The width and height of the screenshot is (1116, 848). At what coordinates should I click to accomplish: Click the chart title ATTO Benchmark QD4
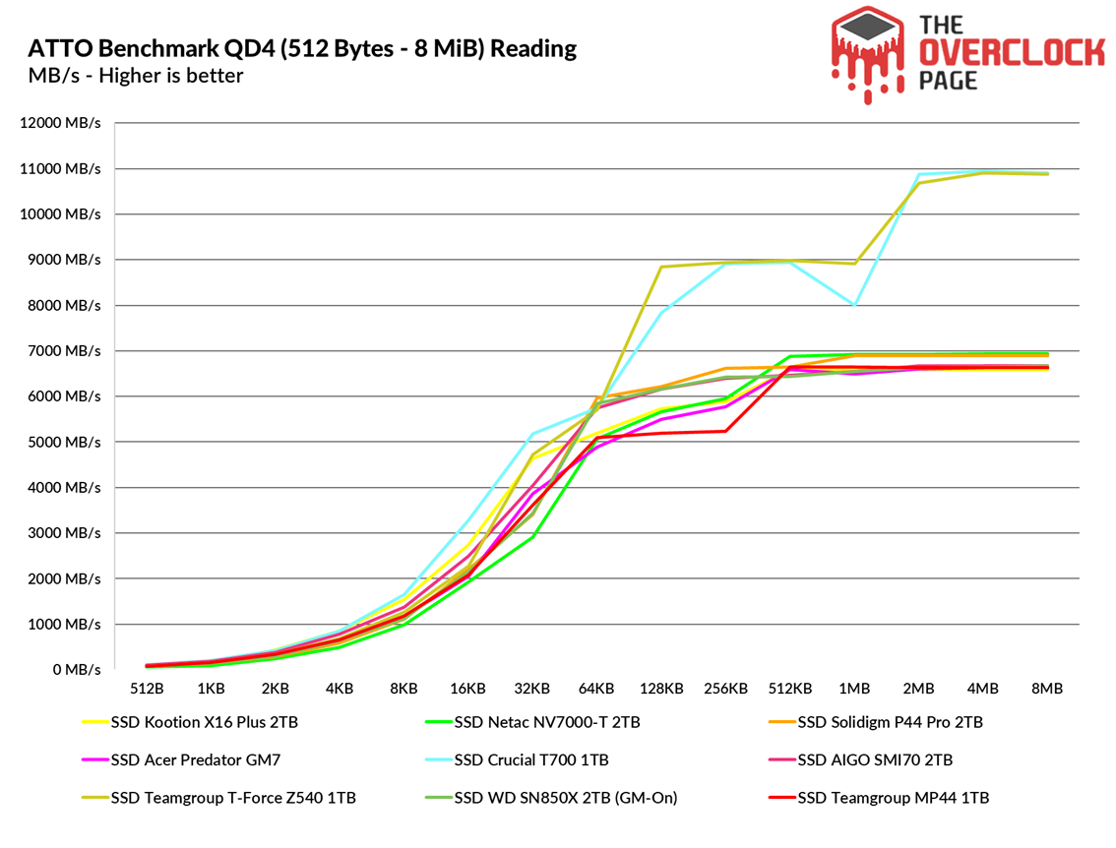[x=302, y=48]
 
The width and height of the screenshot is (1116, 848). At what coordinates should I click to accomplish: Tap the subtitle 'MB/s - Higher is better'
[x=136, y=76]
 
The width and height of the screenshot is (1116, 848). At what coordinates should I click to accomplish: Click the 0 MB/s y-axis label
[x=77, y=670]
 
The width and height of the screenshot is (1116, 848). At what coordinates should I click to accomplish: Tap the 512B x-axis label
[x=147, y=689]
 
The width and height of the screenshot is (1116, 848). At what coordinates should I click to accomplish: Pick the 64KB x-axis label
[x=596, y=689]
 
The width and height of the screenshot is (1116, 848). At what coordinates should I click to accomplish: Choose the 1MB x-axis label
[x=853, y=689]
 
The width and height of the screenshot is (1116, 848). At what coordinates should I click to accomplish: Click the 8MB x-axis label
[x=1046, y=689]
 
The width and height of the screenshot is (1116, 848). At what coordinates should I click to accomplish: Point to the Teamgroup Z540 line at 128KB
[x=661, y=267]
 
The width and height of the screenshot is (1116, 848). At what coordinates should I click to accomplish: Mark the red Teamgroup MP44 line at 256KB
[x=726, y=431]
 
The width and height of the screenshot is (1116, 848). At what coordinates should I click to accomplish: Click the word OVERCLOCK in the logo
[x=1011, y=53]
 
